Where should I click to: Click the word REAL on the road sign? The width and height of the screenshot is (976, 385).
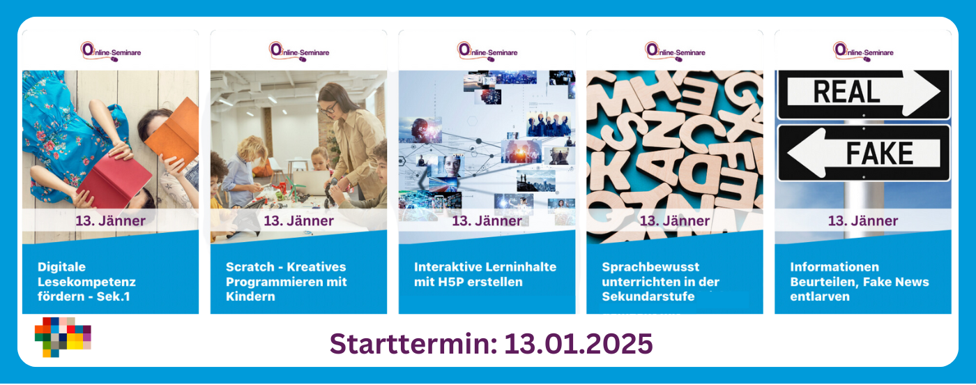coord(846,92)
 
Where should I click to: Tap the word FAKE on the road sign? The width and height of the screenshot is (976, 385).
coord(879,153)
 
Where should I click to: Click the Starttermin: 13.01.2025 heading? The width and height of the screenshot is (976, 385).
coord(491,344)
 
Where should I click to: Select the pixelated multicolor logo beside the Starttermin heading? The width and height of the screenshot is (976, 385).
coord(63,337)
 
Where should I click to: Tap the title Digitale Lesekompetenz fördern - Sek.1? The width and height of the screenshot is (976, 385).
coord(86,282)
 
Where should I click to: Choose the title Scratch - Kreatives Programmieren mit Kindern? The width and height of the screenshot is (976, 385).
coord(287,282)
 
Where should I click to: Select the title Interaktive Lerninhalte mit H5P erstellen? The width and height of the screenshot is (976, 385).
coord(485,274)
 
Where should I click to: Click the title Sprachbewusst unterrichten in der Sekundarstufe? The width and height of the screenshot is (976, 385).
coord(661,282)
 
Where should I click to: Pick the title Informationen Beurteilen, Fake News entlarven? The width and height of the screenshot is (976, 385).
coord(860,282)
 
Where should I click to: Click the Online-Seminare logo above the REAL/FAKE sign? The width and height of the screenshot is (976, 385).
coord(863,52)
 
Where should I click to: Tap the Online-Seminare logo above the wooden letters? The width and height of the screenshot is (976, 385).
coord(675,52)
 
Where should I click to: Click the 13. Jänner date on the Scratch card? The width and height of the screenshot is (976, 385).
coord(299,220)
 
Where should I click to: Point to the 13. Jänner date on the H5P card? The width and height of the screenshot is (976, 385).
coord(487,220)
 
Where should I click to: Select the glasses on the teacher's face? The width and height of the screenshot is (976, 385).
coord(328,107)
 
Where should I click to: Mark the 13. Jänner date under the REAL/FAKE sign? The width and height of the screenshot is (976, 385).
coord(863,220)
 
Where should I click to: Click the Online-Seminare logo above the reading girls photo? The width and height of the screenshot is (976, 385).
coord(111,52)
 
